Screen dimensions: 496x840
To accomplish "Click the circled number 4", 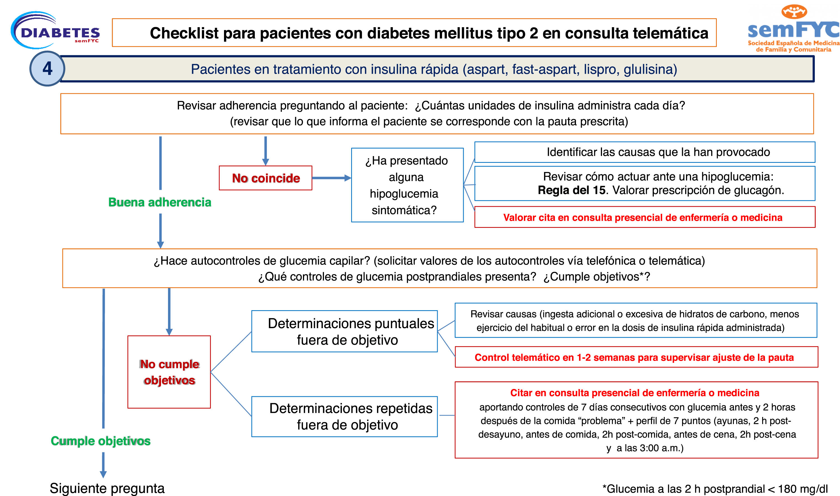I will pos(47,69).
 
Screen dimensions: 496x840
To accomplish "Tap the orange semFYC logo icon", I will pos(794,12).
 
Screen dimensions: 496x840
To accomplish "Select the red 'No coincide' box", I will pos(265,178).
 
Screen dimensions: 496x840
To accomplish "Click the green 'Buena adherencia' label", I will pos(160,202).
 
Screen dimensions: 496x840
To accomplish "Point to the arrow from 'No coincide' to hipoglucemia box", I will pos(331,178).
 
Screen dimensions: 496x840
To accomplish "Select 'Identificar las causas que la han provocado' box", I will pos(644,152).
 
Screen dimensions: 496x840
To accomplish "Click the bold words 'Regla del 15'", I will pos(571,190).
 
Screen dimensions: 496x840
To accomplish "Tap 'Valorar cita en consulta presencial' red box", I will pos(644,217).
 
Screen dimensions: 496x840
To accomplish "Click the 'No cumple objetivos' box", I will pos(169,372).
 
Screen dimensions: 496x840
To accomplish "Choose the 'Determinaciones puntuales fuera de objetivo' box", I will pos(344,331).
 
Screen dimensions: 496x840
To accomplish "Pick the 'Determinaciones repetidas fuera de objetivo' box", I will pos(344,416).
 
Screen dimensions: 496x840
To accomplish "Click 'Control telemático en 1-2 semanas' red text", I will pos(634,357).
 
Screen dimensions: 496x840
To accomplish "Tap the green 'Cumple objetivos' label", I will pos(101,441).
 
